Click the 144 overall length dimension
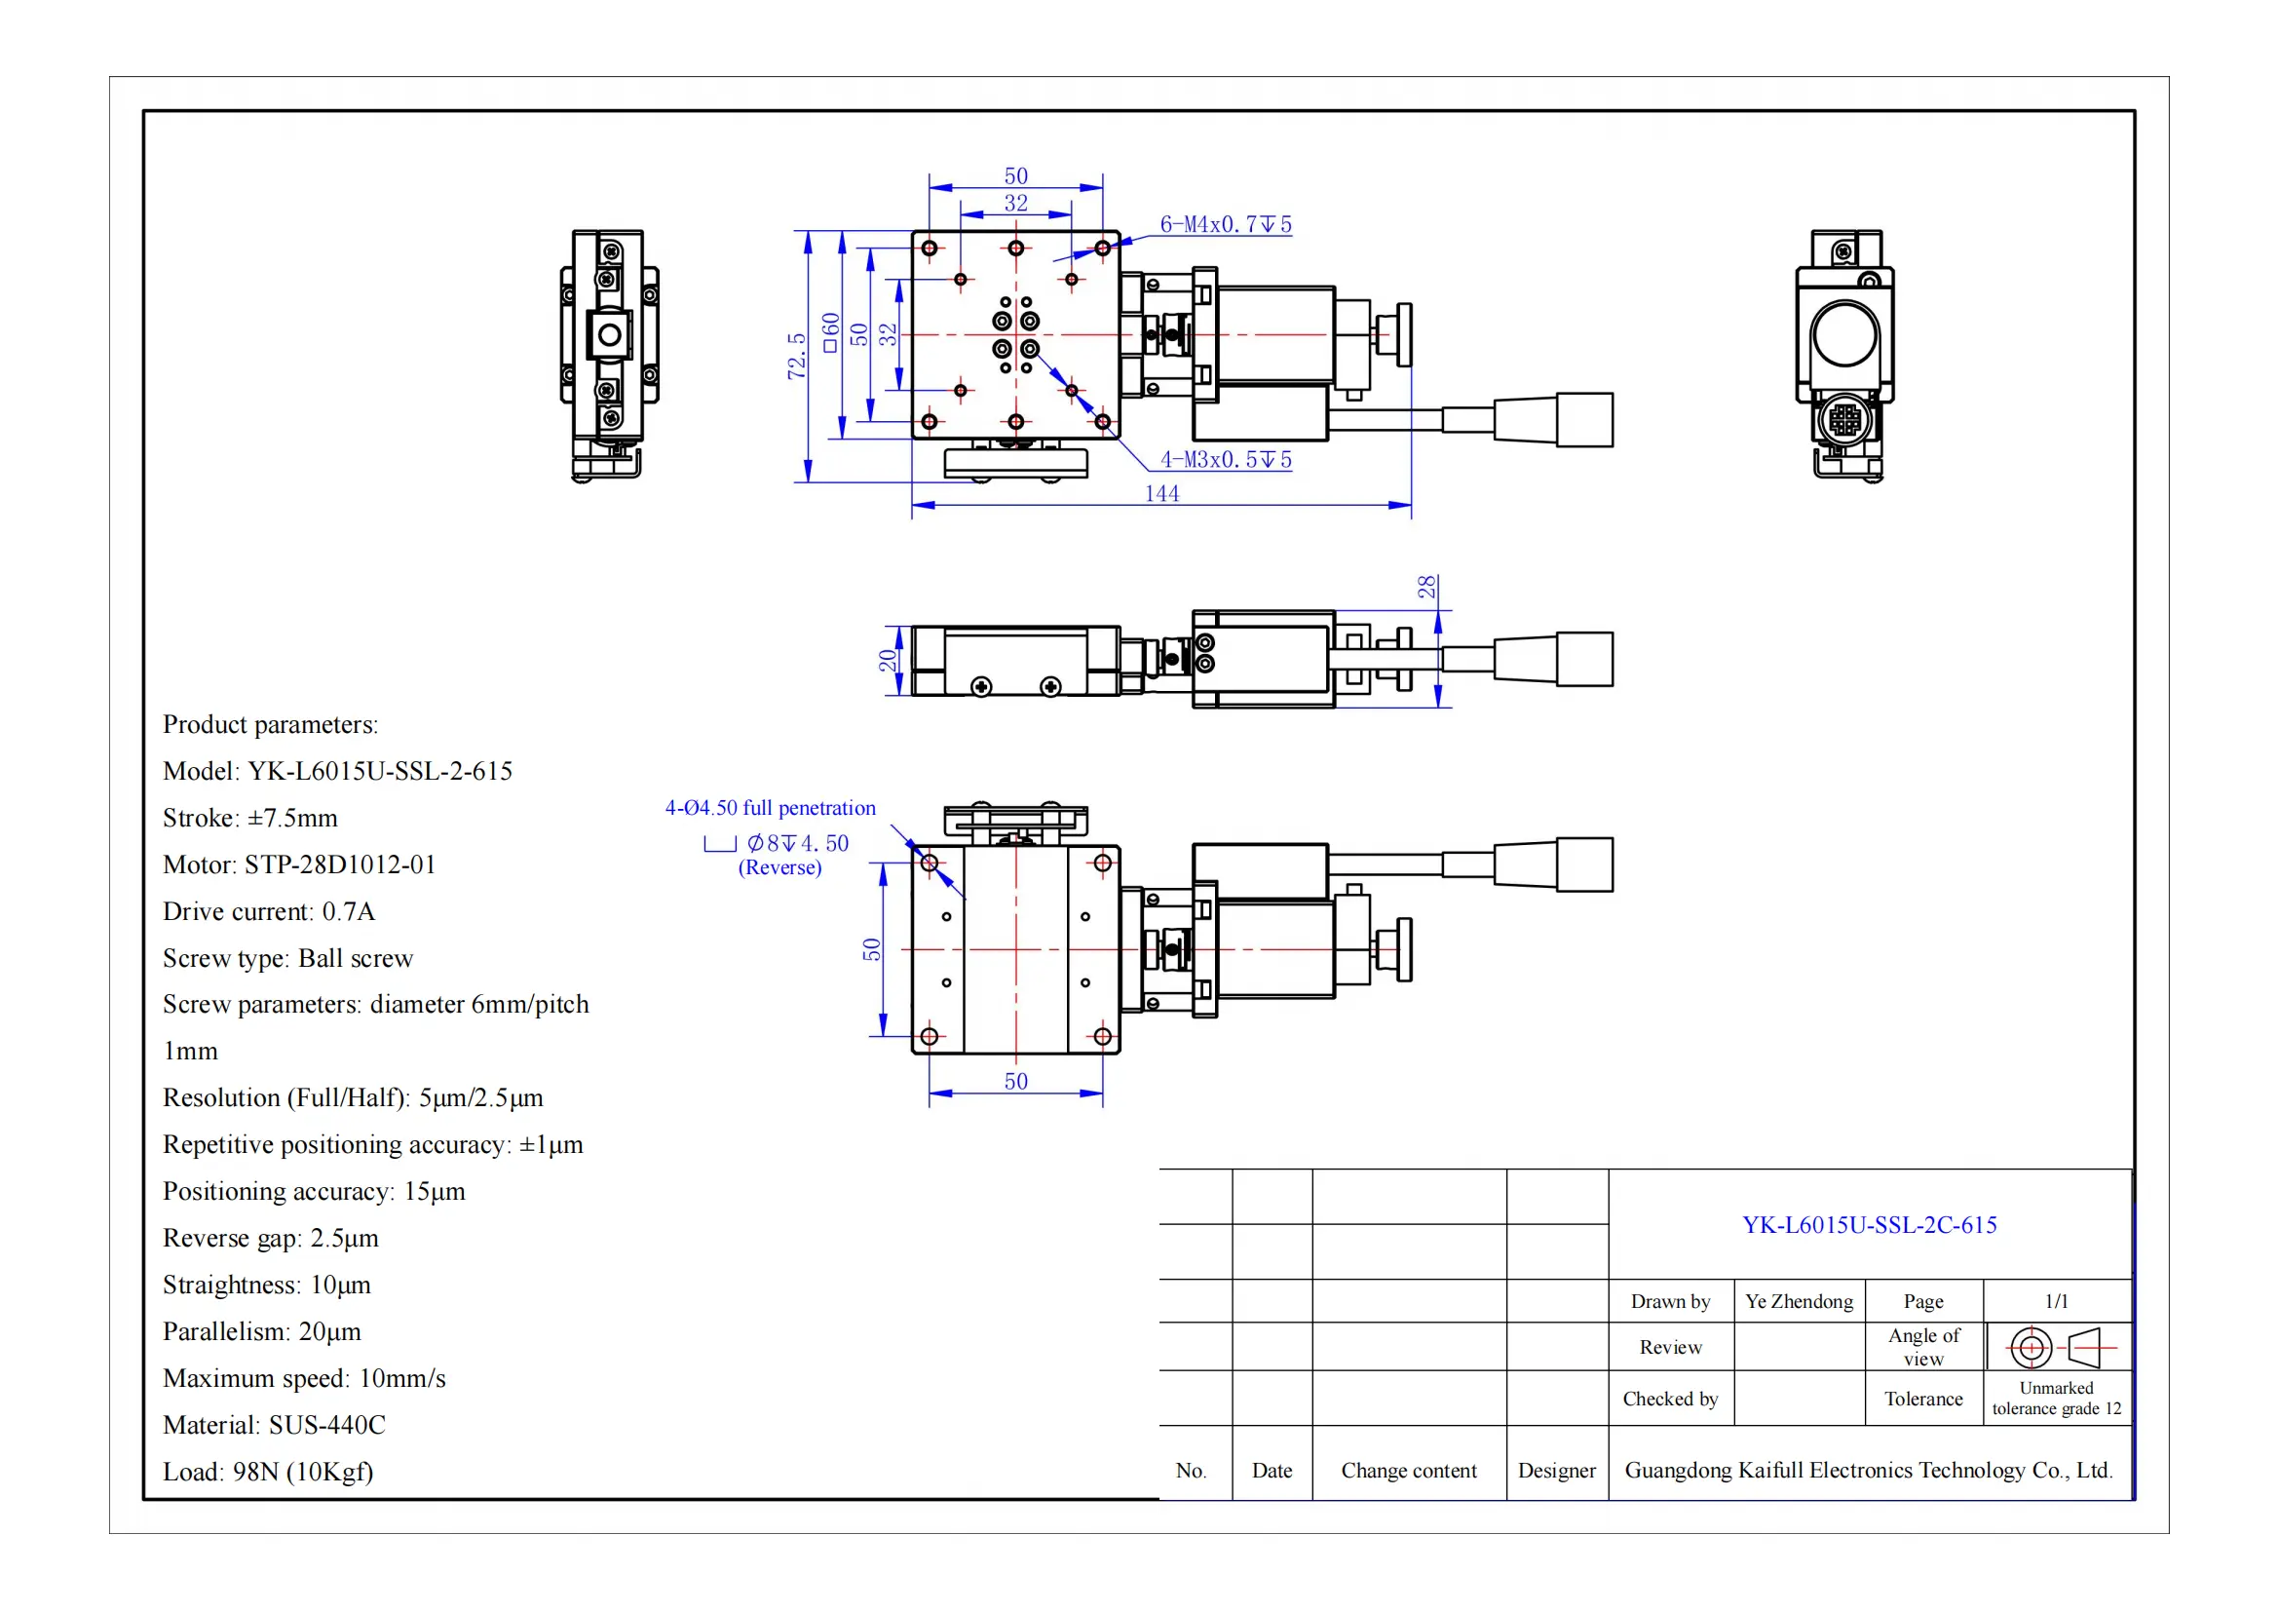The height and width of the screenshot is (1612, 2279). (1161, 493)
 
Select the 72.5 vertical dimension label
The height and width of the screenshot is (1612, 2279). (796, 356)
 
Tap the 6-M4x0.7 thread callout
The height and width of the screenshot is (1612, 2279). (1225, 224)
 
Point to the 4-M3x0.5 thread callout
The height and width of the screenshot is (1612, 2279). (1225, 460)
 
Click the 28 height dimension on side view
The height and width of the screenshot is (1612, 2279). (1426, 587)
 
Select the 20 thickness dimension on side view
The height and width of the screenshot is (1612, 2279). (888, 660)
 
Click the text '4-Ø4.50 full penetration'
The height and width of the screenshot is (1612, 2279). (771, 808)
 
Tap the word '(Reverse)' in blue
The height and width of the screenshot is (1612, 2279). (779, 867)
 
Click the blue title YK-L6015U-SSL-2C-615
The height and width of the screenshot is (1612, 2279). (1869, 1225)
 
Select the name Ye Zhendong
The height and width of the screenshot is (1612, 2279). (1799, 1301)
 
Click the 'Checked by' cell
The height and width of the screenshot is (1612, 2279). (1670, 1399)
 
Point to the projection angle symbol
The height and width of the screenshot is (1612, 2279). (2059, 1347)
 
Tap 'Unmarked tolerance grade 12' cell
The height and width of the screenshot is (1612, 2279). (2056, 1399)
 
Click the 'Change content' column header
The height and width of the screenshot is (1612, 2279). (1408, 1470)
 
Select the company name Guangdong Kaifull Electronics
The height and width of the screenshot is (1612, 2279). (1867, 1470)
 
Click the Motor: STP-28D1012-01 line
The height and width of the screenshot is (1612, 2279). (299, 864)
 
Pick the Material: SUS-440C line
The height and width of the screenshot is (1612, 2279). (274, 1425)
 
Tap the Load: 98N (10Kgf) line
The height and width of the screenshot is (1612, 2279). (268, 1471)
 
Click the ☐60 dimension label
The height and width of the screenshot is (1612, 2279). (831, 332)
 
